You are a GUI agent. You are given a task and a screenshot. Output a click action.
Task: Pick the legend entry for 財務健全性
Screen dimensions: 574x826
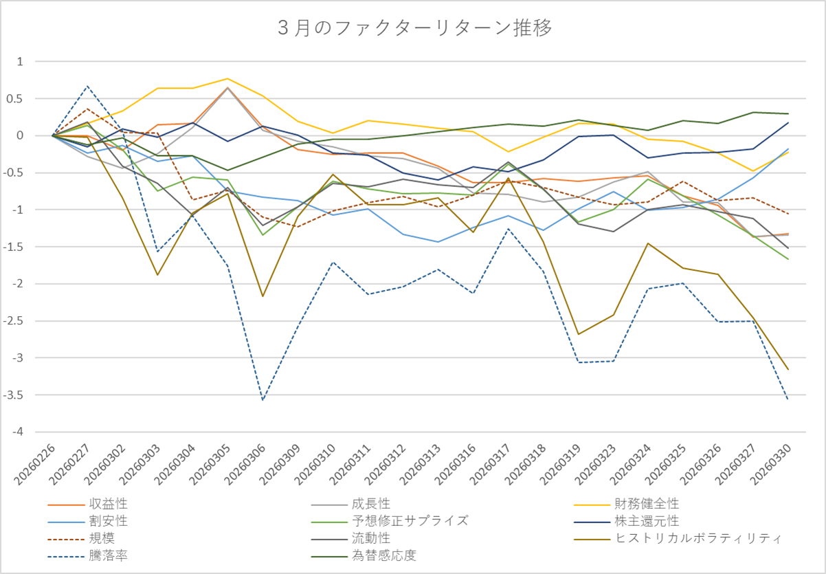point(647,505)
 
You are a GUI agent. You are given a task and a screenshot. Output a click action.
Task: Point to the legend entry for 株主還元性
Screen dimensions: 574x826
point(647,521)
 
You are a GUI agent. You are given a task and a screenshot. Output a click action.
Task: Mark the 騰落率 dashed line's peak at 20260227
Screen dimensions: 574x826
point(87,86)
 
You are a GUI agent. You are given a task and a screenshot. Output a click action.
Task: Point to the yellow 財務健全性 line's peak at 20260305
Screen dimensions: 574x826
point(227,78)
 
